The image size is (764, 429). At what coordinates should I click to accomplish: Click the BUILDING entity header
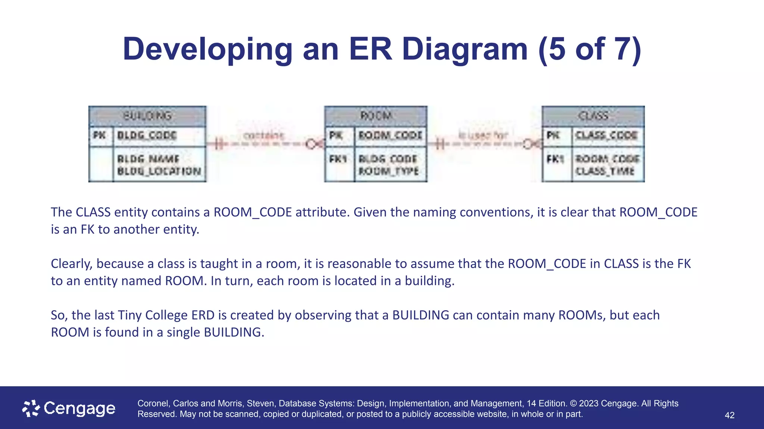(147, 116)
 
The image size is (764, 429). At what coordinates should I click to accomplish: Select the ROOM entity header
(376, 116)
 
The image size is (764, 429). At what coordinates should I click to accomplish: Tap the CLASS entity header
(593, 116)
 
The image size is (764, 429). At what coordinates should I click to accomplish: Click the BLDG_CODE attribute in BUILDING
(147, 135)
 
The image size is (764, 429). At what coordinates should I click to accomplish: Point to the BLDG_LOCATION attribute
(159, 171)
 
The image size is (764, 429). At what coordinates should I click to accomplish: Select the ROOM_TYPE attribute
(389, 171)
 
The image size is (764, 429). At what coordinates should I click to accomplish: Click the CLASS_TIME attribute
(605, 171)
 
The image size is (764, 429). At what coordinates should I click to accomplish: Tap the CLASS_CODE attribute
(606, 135)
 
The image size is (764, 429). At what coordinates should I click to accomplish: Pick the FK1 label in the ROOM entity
(338, 159)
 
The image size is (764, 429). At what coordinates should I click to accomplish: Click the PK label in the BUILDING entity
(100, 135)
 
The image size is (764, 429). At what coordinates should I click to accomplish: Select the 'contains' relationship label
(264, 135)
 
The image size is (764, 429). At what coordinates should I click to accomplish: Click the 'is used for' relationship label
(483, 135)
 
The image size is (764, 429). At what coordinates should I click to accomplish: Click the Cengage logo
(69, 409)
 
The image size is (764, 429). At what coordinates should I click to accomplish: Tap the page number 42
(729, 415)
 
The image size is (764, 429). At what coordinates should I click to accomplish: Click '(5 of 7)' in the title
(590, 49)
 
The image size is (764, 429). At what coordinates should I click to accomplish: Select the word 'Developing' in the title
(207, 49)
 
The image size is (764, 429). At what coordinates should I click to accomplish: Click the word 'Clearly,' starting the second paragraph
(72, 264)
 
